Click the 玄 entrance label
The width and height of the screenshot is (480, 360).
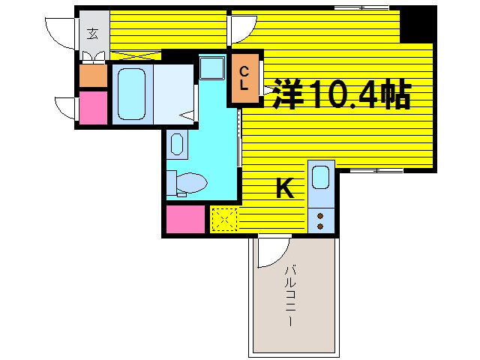(x=92, y=33)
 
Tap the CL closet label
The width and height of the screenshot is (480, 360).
(x=245, y=78)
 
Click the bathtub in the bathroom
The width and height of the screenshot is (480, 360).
(x=131, y=94)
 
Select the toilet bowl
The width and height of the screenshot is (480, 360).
(x=192, y=182)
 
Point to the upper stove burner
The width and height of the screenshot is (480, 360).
(x=320, y=215)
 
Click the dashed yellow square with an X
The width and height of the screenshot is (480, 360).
(x=223, y=218)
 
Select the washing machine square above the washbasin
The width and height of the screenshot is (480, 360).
(x=211, y=67)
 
